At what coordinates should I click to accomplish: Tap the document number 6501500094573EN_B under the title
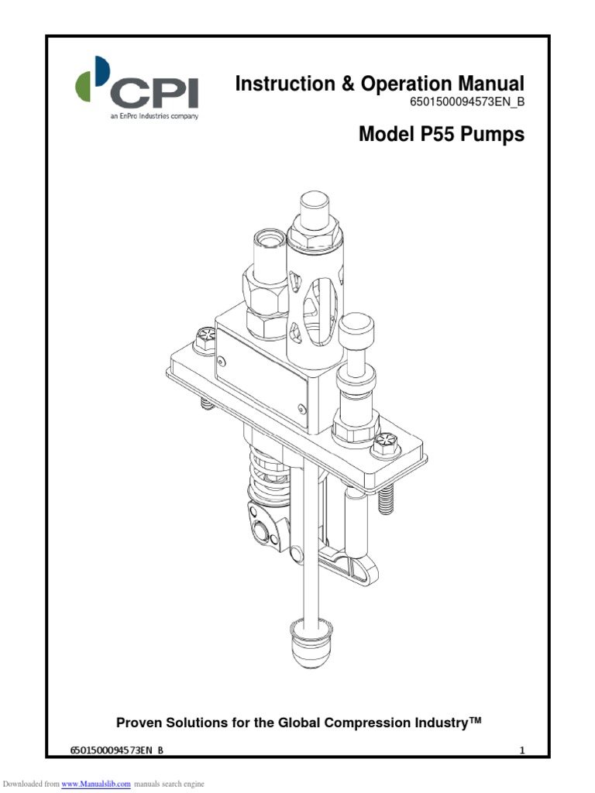point(466,103)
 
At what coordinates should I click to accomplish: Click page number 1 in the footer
point(522,750)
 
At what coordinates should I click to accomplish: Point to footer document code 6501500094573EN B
point(117,750)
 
